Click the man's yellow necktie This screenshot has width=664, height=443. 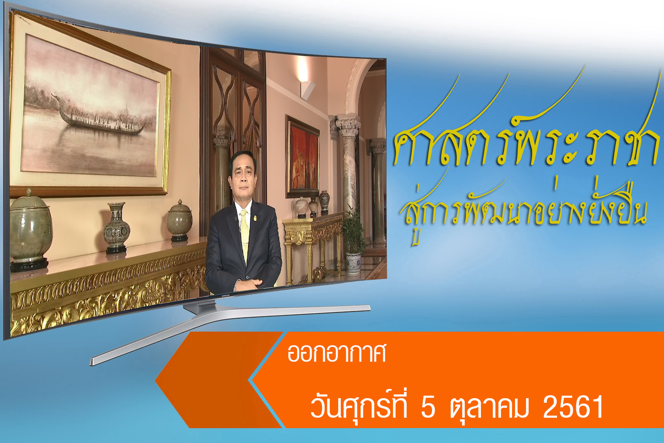(244, 234)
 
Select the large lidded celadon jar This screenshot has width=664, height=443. (29, 229)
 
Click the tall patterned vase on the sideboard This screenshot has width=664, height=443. (116, 227)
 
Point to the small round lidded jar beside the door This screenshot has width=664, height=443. (180, 220)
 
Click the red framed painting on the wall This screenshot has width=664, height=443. (303, 157)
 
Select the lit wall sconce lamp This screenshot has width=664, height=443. (307, 89)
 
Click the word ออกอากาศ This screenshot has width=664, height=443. (337, 353)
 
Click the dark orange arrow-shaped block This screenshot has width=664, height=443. (218, 379)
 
